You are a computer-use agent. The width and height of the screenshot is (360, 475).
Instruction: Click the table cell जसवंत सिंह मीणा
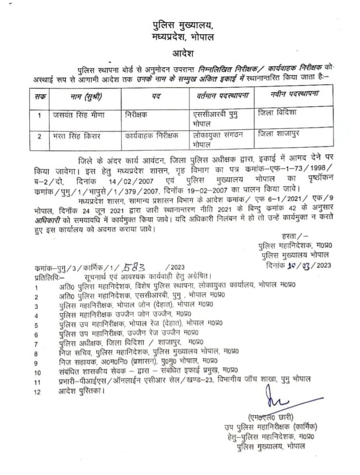[78, 115]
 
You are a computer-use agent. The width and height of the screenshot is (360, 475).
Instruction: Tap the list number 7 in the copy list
[37, 343]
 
